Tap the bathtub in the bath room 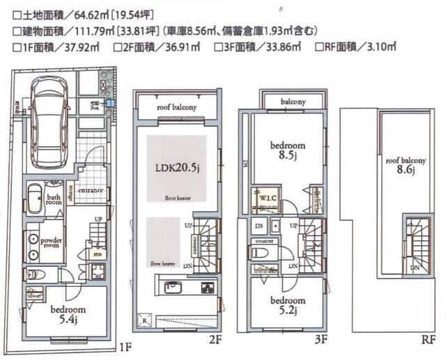[35, 197]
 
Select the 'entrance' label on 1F [91, 191]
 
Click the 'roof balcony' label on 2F [176, 107]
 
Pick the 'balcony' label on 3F [293, 102]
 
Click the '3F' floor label [321, 341]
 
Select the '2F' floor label [214, 341]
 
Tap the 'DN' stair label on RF [415, 267]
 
